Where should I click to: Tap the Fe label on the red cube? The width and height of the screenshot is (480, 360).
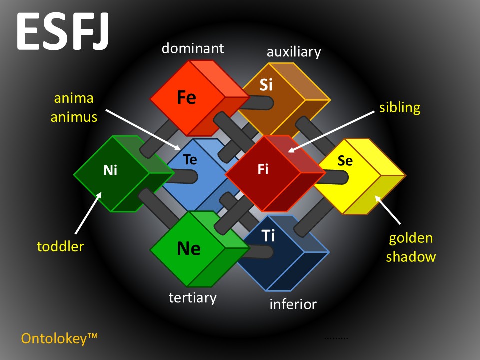[186, 98]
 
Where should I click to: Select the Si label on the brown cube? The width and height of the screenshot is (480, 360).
[266, 85]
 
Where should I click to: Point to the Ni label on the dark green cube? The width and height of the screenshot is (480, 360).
[110, 171]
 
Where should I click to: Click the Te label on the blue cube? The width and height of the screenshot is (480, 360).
[190, 160]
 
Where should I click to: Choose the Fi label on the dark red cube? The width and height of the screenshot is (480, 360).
[263, 170]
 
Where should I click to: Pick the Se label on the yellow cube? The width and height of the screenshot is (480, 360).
[345, 161]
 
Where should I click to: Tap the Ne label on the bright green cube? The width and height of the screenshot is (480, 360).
[189, 248]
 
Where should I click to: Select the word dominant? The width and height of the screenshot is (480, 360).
[193, 49]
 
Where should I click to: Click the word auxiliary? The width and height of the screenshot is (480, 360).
[294, 52]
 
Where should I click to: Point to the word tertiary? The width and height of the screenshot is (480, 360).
[193, 298]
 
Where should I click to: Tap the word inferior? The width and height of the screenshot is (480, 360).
[293, 304]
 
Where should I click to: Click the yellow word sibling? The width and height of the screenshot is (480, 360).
[400, 107]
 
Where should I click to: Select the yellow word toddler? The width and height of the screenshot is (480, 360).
[60, 246]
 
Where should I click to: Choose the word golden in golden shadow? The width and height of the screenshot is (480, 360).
[411, 238]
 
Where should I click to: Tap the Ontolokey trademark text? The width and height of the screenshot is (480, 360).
[59, 339]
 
